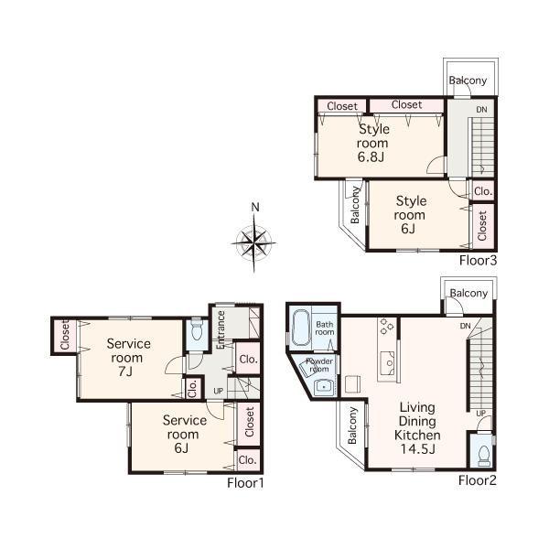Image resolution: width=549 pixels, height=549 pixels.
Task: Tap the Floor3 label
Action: (477, 261)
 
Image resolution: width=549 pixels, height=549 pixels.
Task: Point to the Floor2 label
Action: (477, 479)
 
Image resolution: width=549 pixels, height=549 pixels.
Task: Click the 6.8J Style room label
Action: (372, 143)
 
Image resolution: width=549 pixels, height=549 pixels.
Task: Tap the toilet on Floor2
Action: (482, 456)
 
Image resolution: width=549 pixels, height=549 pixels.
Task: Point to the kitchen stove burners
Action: (385, 326)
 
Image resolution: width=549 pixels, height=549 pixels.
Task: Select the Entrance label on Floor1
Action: (221, 328)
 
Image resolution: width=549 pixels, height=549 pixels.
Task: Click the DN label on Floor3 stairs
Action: (481, 111)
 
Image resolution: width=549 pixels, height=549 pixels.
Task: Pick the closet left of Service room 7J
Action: (65, 336)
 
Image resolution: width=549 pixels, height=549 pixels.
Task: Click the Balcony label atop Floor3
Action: (468, 81)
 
